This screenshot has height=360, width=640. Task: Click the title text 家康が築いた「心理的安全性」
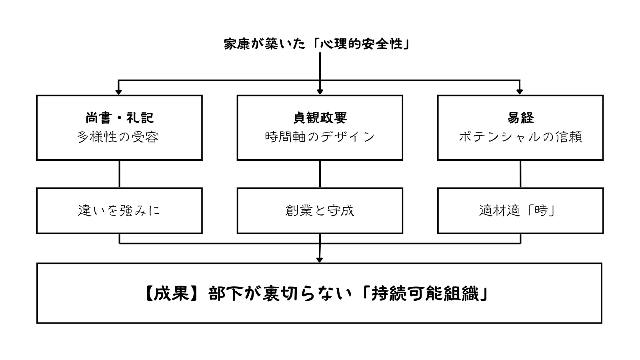point(317,44)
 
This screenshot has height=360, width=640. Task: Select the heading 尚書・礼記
point(119,118)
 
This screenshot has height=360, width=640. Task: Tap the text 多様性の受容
point(118,137)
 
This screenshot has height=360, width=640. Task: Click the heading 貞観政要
point(320,118)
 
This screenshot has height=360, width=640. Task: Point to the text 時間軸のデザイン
point(320,137)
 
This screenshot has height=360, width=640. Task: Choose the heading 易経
point(520,118)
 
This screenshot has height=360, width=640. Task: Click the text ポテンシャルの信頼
point(520,137)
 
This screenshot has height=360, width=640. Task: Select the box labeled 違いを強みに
point(119,211)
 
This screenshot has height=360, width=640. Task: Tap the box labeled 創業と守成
point(320,211)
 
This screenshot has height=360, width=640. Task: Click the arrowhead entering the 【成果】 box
point(319,260)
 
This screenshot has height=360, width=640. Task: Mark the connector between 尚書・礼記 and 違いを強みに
point(119,174)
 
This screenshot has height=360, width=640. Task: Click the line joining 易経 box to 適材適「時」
point(520,174)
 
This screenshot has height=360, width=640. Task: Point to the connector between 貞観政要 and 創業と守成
point(320,174)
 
